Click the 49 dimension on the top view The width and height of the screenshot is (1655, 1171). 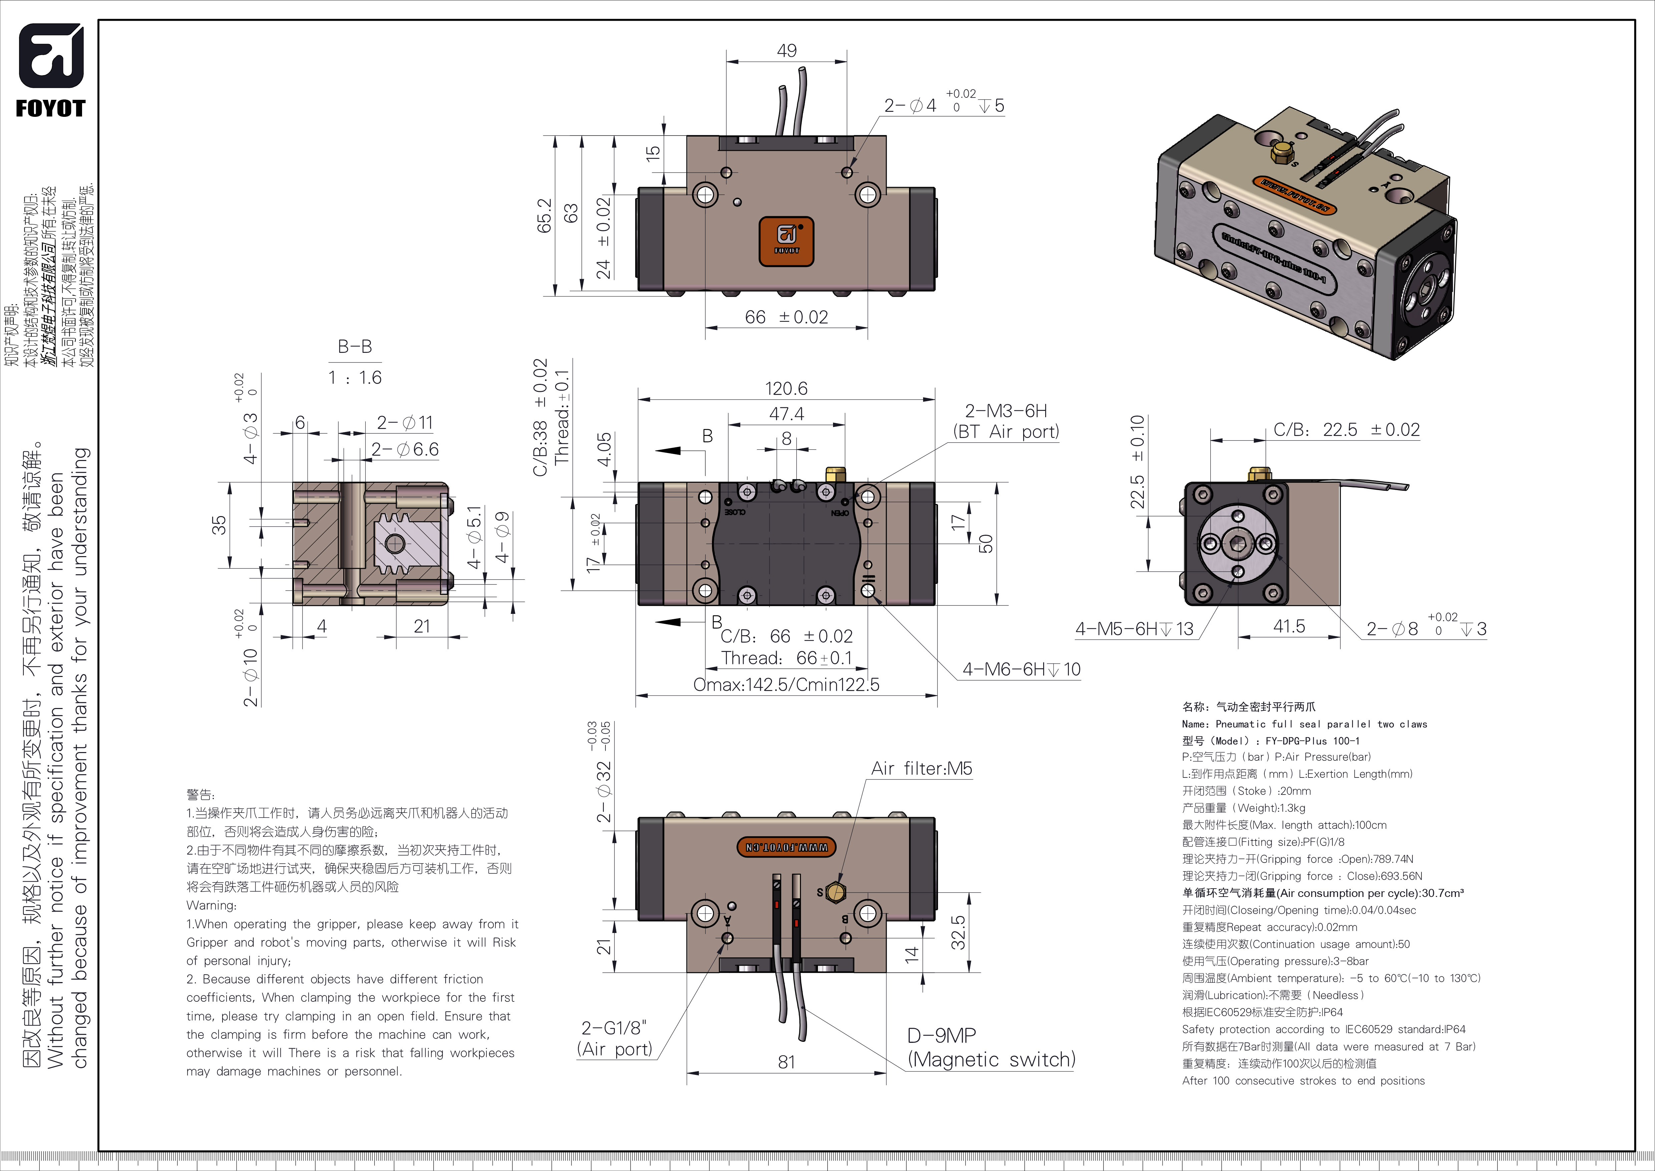tap(786, 50)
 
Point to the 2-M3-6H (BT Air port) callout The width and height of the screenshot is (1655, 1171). tap(1005, 421)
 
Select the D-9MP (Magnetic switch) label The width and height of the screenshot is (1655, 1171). tap(990, 1048)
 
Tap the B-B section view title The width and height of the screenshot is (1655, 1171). tap(355, 347)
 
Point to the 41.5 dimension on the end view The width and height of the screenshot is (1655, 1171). tap(1289, 626)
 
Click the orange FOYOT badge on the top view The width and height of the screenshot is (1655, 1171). tap(786, 241)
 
